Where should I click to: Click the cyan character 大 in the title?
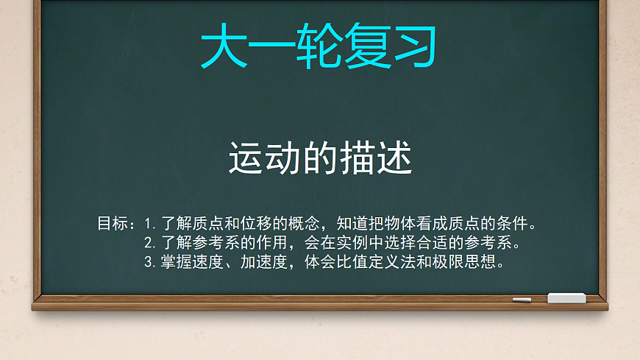tap(224, 46)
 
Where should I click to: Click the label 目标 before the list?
tap(113, 223)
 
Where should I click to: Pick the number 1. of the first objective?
tap(150, 223)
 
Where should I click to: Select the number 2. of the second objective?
tap(150, 242)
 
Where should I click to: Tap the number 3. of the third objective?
tap(150, 261)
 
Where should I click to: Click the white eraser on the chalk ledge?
tap(566, 297)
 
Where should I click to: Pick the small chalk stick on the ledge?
tap(522, 300)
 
